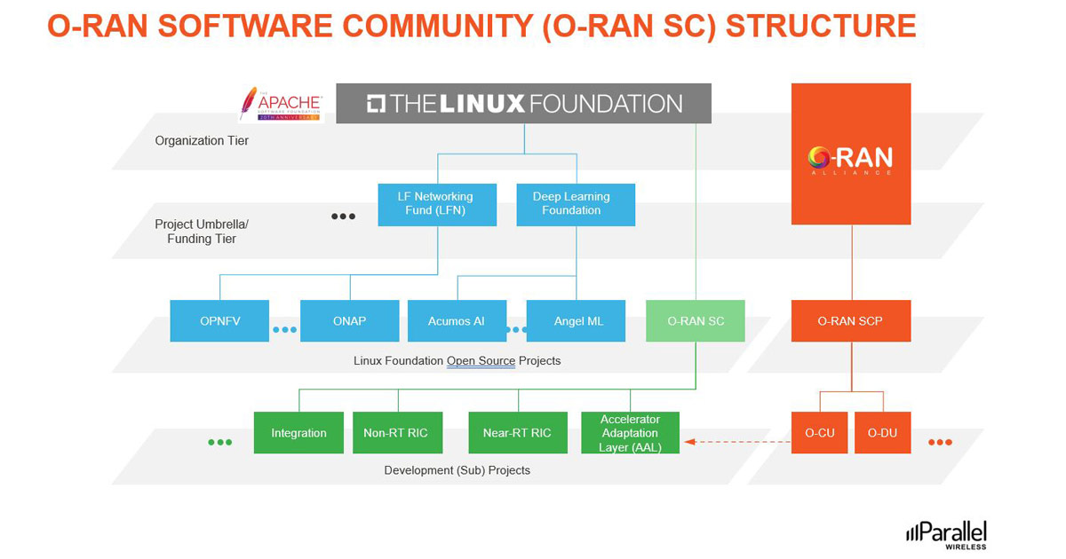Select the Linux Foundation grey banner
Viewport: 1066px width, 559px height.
point(523,103)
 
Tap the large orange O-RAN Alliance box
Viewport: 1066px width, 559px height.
point(851,154)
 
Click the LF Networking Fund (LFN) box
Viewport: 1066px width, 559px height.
point(436,204)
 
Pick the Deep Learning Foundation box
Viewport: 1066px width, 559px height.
point(576,204)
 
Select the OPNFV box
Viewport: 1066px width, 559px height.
point(219,320)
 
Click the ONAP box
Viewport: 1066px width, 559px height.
point(349,320)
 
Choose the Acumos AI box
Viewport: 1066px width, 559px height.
point(457,320)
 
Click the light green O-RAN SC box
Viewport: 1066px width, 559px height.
point(696,320)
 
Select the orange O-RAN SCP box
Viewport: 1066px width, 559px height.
point(851,320)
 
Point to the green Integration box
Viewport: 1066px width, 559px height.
point(298,433)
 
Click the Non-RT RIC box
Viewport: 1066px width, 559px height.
point(395,433)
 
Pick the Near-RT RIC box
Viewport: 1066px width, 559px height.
point(516,433)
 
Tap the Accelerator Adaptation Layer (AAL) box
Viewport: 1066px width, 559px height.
point(630,433)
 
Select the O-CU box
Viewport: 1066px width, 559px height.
point(819,433)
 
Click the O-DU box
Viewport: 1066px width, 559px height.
point(882,433)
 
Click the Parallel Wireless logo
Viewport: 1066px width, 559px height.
point(947,534)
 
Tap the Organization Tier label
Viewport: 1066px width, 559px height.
point(202,140)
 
